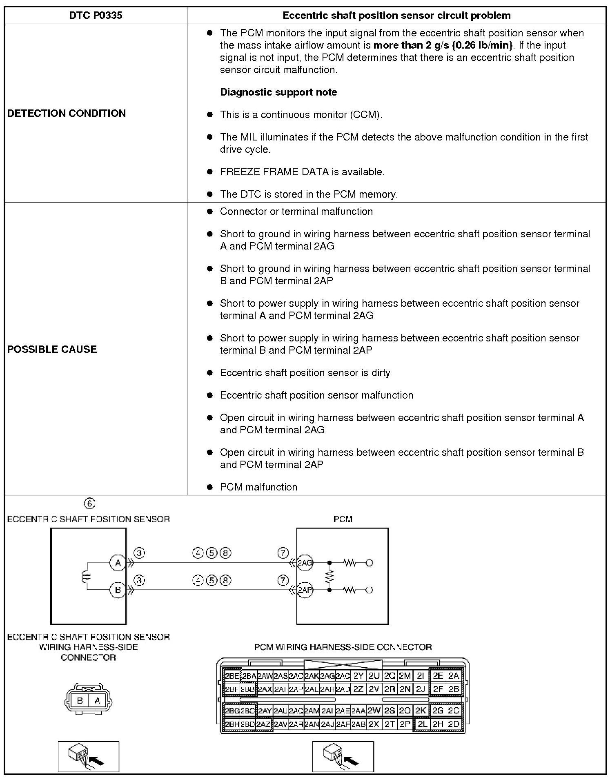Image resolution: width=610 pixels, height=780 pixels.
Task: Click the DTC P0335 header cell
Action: click(x=96, y=16)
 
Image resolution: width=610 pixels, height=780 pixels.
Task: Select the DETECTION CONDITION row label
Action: click(x=67, y=113)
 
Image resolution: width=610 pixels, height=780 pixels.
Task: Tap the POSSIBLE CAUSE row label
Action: click(x=52, y=349)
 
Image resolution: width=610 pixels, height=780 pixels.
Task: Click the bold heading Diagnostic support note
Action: click(x=278, y=92)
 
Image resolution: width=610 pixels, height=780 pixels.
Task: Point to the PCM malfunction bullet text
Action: click(x=258, y=487)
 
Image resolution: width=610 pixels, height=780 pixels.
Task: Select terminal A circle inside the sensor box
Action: click(x=118, y=563)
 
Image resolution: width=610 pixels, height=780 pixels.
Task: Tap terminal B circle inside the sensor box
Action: click(x=118, y=590)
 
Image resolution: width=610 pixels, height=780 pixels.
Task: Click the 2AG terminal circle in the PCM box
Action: click(x=305, y=563)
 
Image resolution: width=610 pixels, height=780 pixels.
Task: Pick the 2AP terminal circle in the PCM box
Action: click(x=305, y=590)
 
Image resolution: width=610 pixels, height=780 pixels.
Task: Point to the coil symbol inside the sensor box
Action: click(x=86, y=576)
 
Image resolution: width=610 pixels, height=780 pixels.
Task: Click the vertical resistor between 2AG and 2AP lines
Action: click(x=329, y=576)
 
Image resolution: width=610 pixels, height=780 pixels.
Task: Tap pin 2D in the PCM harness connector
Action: click(x=454, y=724)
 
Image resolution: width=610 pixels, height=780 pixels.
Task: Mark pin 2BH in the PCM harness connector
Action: click(x=232, y=724)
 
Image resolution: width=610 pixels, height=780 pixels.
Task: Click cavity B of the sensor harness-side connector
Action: click(x=80, y=700)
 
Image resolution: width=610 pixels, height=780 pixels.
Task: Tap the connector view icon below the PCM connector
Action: click(x=343, y=756)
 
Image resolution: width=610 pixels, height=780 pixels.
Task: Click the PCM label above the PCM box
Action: click(x=343, y=519)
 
